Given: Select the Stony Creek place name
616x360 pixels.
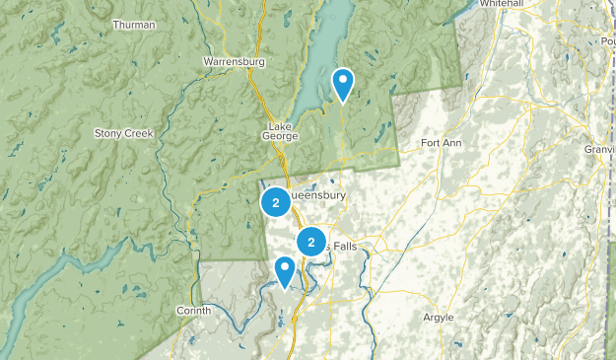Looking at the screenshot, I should (124, 133).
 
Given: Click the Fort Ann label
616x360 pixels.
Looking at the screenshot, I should (441, 143).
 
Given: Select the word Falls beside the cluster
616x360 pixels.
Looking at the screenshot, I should (344, 244).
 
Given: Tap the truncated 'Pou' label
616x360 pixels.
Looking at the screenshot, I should (605, 41).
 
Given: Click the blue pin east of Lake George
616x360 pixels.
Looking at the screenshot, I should (343, 83).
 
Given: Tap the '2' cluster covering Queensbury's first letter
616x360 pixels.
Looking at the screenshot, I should (275, 203).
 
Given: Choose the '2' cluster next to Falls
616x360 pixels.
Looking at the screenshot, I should (311, 242).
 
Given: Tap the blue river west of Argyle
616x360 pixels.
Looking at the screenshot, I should (374, 296).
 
